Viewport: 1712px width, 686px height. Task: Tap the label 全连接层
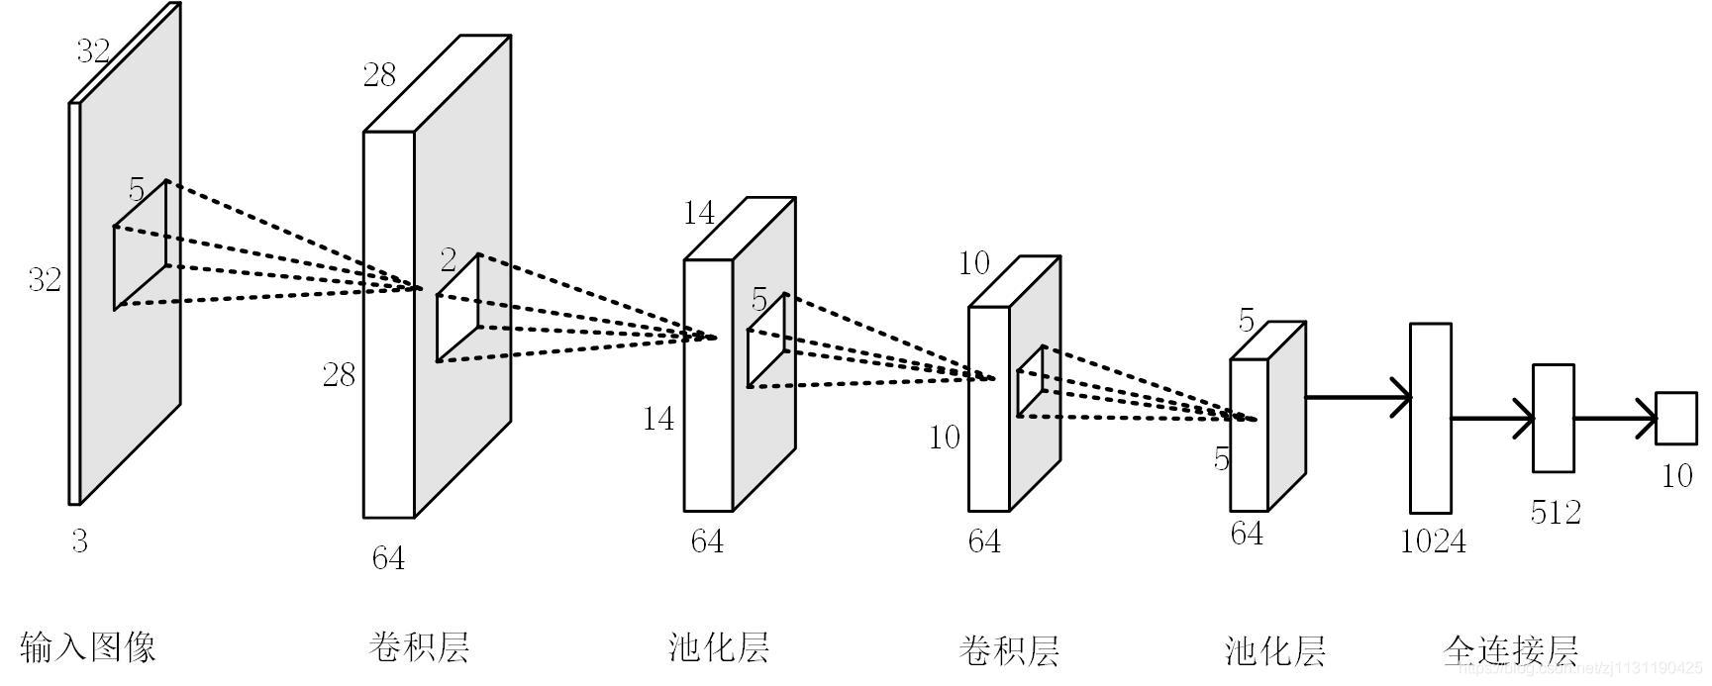tap(1509, 651)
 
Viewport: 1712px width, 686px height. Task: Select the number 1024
tap(1433, 540)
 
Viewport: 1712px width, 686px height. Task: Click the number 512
tap(1555, 512)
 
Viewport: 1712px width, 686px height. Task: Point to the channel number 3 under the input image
tap(79, 540)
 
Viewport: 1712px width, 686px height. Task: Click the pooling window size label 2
tap(449, 260)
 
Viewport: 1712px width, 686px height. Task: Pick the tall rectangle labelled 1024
tap(1430, 418)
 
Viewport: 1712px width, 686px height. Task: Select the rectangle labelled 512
tap(1553, 418)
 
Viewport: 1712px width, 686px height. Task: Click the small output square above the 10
tap(1676, 418)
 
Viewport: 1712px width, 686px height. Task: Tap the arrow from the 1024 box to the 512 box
tap(1492, 419)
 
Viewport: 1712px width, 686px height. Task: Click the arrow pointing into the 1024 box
tap(1359, 398)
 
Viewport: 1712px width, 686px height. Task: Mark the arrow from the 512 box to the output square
tap(1615, 418)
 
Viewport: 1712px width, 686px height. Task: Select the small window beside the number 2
tap(458, 308)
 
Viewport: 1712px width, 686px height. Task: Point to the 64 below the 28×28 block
tap(388, 558)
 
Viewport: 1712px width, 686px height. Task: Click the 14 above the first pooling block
tap(699, 213)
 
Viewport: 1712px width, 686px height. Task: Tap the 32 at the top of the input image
tap(93, 51)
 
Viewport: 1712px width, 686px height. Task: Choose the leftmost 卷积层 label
tap(418, 647)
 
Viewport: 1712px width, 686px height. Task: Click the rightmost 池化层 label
tap(1274, 651)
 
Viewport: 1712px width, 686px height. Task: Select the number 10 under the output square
tap(1676, 476)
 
